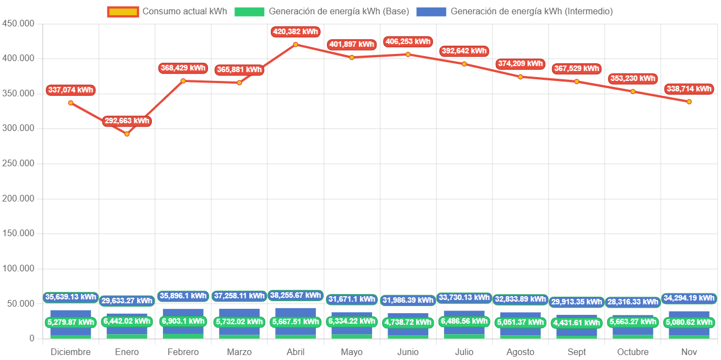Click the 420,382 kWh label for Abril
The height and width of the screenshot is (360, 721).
[x=296, y=32]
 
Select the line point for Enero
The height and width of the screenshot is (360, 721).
[x=127, y=134]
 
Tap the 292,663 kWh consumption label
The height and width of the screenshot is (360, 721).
[x=127, y=121]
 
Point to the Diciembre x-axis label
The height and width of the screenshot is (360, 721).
[x=70, y=352]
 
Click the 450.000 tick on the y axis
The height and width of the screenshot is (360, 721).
[x=19, y=23]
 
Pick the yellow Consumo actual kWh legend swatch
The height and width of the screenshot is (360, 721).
[x=123, y=12]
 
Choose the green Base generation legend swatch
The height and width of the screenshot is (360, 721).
[x=249, y=12]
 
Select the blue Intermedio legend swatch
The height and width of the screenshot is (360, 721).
[x=431, y=12]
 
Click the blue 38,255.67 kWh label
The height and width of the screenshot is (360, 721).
[x=296, y=296]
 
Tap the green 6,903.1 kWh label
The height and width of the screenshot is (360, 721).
[x=183, y=321]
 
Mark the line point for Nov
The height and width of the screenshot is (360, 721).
[x=689, y=102]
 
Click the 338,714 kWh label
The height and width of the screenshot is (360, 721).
[x=689, y=89]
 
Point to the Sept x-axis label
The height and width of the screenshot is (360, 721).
[x=577, y=352]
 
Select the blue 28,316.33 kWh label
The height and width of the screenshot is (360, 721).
[x=632, y=302]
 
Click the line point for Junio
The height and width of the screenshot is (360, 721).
[x=408, y=54]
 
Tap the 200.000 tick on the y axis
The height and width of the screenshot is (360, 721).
[x=19, y=198]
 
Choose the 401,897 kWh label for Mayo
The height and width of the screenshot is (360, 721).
[x=352, y=45]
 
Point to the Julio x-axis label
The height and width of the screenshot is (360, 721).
[x=464, y=352]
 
